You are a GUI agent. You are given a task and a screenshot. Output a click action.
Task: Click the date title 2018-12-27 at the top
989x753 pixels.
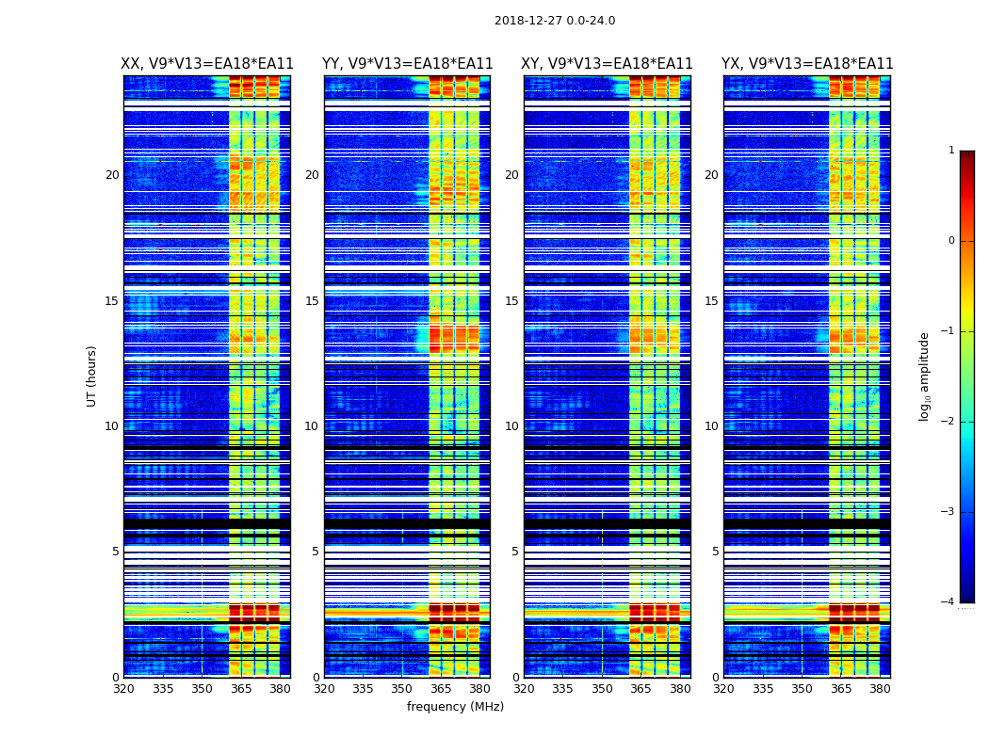[555, 21]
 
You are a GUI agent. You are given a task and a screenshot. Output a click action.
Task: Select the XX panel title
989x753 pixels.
[207, 64]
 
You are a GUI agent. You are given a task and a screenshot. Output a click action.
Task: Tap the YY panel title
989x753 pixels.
[407, 64]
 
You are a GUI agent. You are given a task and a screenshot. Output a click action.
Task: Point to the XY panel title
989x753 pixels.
[608, 64]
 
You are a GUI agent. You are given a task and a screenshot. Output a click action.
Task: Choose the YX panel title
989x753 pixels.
[807, 64]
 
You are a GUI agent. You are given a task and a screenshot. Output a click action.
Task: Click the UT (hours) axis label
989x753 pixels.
[91, 376]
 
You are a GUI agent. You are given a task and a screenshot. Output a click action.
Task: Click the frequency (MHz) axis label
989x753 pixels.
[455, 707]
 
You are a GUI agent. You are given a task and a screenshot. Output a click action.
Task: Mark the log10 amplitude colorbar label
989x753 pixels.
[924, 376]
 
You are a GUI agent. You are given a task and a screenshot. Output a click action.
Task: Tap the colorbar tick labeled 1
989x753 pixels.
[951, 151]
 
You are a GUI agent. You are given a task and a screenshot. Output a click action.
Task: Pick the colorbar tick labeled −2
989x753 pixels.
[948, 422]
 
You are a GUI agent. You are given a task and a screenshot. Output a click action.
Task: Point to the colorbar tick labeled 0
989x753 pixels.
[951, 241]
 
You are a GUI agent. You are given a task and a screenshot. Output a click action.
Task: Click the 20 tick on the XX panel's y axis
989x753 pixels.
[112, 175]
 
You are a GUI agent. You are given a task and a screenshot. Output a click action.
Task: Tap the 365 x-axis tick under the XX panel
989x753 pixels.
[241, 689]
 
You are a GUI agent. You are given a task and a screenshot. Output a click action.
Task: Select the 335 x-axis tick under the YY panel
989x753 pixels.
[363, 689]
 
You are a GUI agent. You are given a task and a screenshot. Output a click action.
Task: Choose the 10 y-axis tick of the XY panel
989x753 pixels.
[511, 426]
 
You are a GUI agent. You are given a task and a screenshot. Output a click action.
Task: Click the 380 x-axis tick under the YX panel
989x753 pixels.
[880, 689]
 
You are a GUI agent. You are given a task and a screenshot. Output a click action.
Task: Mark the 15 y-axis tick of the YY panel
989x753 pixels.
[312, 301]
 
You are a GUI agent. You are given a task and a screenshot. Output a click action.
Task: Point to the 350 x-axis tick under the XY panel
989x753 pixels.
[602, 689]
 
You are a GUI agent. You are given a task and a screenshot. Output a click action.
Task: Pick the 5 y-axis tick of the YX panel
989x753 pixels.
[715, 552]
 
